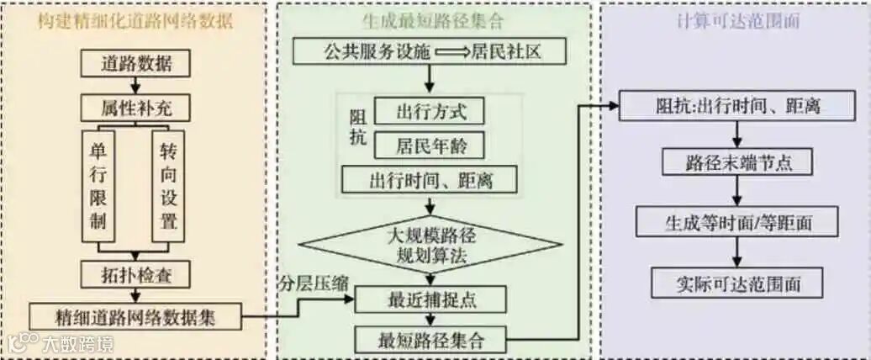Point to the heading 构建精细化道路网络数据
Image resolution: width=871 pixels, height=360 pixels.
click(x=135, y=22)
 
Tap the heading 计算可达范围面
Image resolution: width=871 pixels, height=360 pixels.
click(x=737, y=22)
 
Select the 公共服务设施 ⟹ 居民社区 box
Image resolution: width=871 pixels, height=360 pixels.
click(x=431, y=52)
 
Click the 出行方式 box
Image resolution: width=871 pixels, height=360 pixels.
click(x=430, y=110)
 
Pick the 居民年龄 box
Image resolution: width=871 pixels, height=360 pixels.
click(x=430, y=145)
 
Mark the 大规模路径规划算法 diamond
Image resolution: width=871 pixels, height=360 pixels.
click(x=430, y=242)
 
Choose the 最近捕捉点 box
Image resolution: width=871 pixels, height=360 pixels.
click(x=430, y=299)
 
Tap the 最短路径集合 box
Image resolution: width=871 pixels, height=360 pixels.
click(x=430, y=340)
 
